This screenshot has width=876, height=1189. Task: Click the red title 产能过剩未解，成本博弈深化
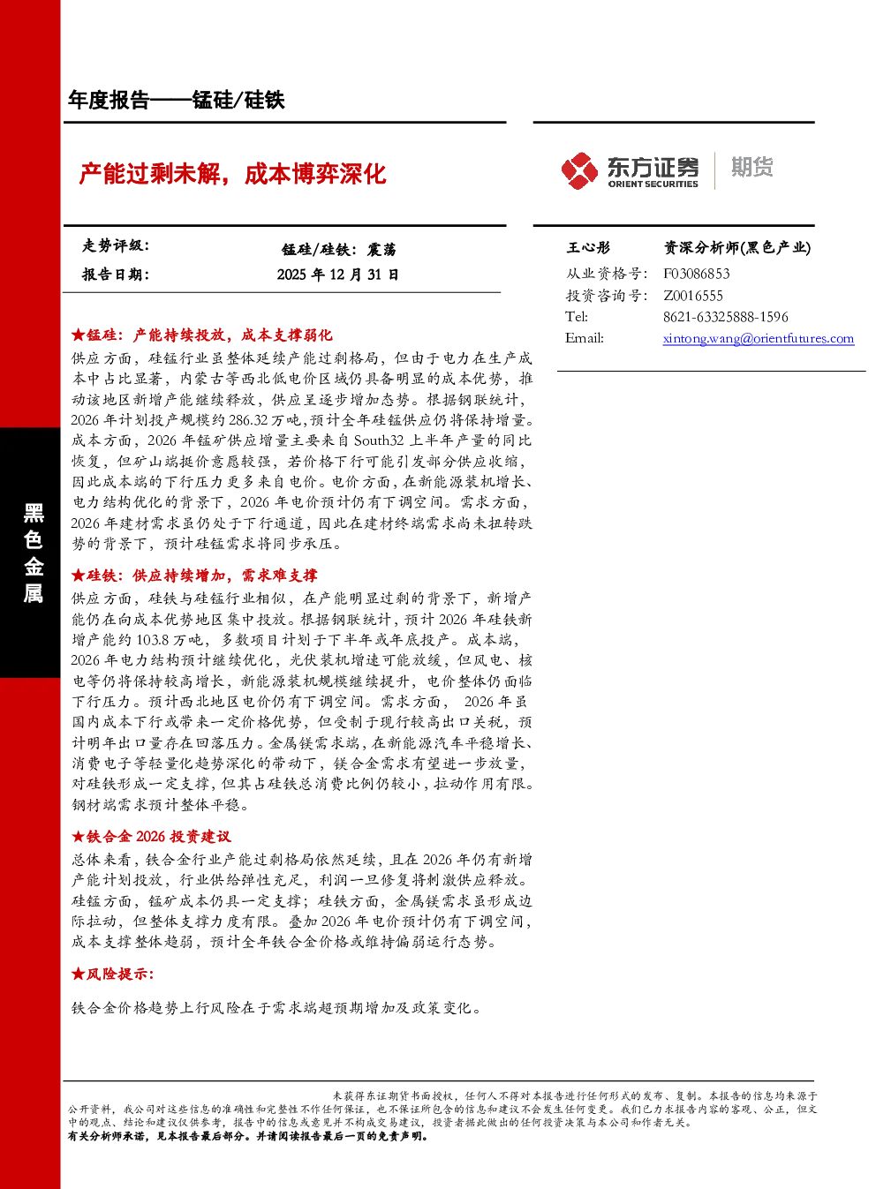pos(232,174)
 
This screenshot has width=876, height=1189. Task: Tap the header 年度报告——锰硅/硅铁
pos(177,100)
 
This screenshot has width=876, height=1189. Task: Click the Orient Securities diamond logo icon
pos(579,170)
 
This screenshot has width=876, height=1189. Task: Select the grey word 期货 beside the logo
pos(751,167)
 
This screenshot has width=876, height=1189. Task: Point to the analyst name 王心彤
pos(588,247)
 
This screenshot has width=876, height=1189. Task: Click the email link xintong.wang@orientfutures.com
pos(759,338)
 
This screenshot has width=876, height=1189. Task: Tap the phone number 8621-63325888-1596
pos(725,317)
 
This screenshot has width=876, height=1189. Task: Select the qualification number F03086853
pos(696,274)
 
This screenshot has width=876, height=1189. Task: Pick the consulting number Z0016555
pos(693,295)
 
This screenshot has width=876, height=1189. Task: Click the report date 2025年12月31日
pos(337,275)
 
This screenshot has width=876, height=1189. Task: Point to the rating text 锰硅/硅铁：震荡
pos(339,250)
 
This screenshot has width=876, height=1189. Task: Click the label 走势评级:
pos(116,245)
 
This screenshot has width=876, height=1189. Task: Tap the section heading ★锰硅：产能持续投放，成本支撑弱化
pos(201,335)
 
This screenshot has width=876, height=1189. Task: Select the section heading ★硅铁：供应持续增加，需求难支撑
pos(194,576)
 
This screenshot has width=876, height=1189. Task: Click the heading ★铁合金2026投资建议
pos(151,837)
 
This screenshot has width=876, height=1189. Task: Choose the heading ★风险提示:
pos(112,974)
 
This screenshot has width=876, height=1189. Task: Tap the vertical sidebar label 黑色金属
pos(33,553)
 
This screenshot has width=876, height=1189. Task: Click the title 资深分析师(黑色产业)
pos(737,247)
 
